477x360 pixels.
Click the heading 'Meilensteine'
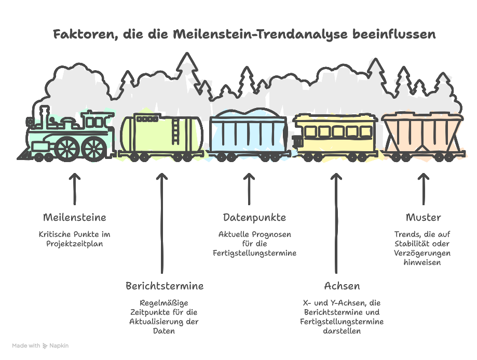[x=74, y=217]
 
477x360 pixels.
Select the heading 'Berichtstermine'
[x=164, y=286]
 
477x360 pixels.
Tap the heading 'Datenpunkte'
[x=254, y=217]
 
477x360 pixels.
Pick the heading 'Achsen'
[x=342, y=286]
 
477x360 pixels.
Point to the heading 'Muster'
[x=423, y=217]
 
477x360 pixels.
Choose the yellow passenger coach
[x=335, y=134]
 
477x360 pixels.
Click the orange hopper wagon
[x=422, y=134]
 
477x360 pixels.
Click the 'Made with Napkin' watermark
[x=40, y=345]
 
